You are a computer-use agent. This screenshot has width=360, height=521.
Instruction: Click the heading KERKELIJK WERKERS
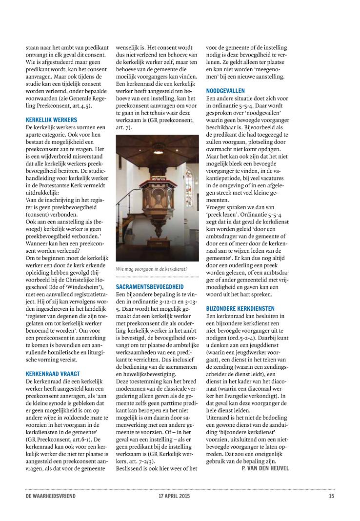point(51,120)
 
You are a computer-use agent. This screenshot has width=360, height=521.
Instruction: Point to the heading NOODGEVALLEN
point(225,91)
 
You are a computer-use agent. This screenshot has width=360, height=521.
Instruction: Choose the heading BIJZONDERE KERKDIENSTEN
point(240,308)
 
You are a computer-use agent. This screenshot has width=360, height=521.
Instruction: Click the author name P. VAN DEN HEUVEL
point(265,468)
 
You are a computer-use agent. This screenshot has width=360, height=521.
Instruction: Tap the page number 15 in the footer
point(331,496)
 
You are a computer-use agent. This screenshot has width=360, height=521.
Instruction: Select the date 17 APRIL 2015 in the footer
point(174,496)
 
